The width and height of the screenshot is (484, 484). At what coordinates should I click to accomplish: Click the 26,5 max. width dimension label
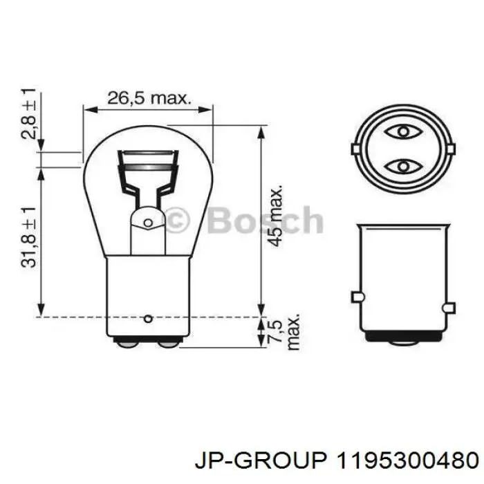(x=149, y=98)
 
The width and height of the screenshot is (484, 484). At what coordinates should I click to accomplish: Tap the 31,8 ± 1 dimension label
(x=28, y=237)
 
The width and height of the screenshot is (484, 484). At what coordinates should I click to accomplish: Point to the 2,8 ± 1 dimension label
(x=28, y=113)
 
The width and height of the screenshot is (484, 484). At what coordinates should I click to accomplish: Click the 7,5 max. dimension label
(x=283, y=332)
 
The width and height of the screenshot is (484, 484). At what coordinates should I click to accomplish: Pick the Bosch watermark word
(x=266, y=221)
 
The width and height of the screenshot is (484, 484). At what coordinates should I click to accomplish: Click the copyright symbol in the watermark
(x=176, y=220)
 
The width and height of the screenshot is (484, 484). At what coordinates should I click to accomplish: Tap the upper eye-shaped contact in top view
(x=403, y=132)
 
